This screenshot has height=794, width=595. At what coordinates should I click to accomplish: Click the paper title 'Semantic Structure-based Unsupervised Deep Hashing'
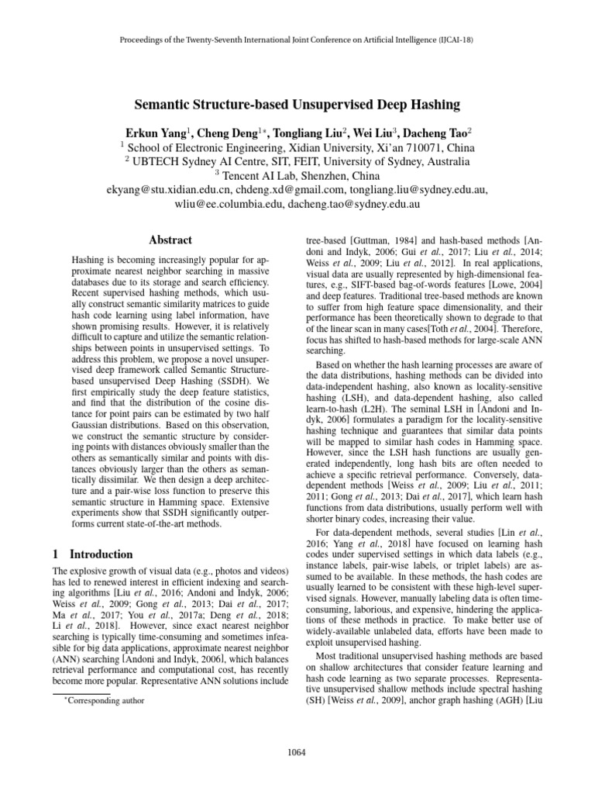(x=298, y=105)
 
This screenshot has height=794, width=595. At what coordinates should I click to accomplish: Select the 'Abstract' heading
(x=170, y=240)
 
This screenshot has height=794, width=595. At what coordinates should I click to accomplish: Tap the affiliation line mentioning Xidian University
(x=297, y=147)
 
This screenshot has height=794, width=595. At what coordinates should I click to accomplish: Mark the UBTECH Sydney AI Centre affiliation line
(x=297, y=161)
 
